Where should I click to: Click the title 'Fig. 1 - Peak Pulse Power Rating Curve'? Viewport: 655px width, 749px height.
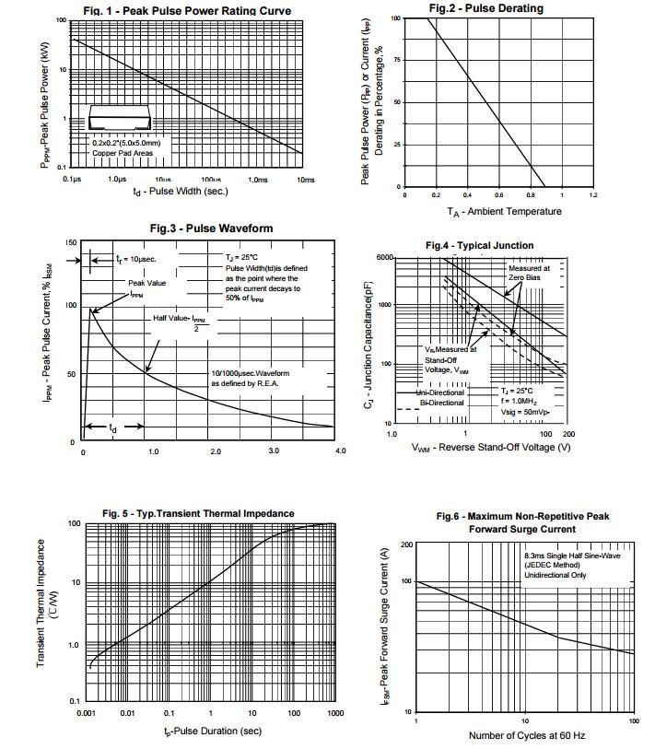point(186,11)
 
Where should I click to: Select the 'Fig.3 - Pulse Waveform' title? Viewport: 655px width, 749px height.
point(211,228)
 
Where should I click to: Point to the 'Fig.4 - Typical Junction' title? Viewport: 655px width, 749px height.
point(478,246)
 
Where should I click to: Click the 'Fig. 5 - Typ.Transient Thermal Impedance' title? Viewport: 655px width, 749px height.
point(198,513)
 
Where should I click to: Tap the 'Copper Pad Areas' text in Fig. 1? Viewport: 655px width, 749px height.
point(117,153)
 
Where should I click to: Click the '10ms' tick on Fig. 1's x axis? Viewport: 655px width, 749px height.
point(306,180)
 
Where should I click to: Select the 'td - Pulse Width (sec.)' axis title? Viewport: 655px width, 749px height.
point(180,192)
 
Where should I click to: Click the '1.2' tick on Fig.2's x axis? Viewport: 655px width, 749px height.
point(593,195)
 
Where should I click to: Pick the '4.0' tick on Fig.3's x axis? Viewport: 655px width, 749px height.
point(340,451)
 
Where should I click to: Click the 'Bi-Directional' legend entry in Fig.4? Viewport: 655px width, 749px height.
point(442,403)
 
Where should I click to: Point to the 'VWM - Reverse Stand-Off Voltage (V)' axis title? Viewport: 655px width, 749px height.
point(491,447)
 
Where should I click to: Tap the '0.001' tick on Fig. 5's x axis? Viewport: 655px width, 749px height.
point(87,714)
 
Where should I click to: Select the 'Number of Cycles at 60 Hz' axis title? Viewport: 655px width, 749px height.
point(526,735)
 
